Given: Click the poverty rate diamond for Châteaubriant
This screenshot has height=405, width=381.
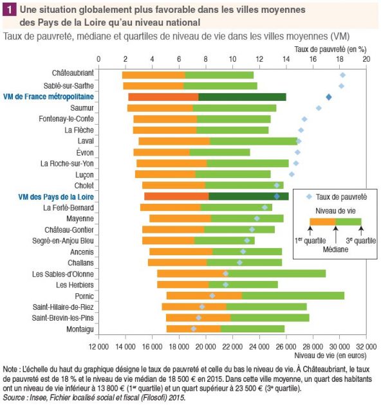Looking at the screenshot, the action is tap(343, 75).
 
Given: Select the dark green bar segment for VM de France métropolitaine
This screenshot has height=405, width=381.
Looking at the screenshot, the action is tap(243, 97).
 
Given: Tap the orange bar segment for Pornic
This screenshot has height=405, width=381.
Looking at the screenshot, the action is tap(205, 296).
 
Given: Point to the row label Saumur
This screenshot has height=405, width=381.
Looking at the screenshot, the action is tap(82, 108).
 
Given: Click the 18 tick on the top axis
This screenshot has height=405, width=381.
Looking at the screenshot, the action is tap(340, 59).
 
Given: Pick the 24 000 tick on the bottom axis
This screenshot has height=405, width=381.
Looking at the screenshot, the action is tap(259, 346).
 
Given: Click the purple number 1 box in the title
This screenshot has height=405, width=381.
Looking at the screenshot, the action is tap(9, 10).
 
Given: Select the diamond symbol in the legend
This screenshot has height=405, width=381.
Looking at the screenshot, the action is tap(309, 197).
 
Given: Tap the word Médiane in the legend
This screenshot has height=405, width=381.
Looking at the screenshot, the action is tap(335, 249).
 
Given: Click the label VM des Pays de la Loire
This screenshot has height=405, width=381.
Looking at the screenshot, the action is tap(56, 197).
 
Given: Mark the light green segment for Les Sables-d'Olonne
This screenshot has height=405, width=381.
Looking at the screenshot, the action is tap(276, 273).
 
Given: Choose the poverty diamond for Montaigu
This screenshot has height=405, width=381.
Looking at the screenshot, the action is tap(194, 328).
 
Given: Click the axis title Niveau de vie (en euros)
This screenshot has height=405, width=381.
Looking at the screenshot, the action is tap(330, 355).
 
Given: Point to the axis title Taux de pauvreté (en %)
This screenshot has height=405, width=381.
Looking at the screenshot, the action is tap(330, 49).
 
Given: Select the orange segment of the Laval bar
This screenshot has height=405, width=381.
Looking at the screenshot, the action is tap(174, 141).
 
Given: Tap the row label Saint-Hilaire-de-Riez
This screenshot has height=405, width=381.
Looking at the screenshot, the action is tap(63, 307).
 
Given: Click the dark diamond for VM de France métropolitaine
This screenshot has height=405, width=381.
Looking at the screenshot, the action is tap(329, 97).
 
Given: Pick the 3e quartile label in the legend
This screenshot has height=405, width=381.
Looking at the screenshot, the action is tap(361, 240).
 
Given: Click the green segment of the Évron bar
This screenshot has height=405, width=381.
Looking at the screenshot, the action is tap(220, 152).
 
